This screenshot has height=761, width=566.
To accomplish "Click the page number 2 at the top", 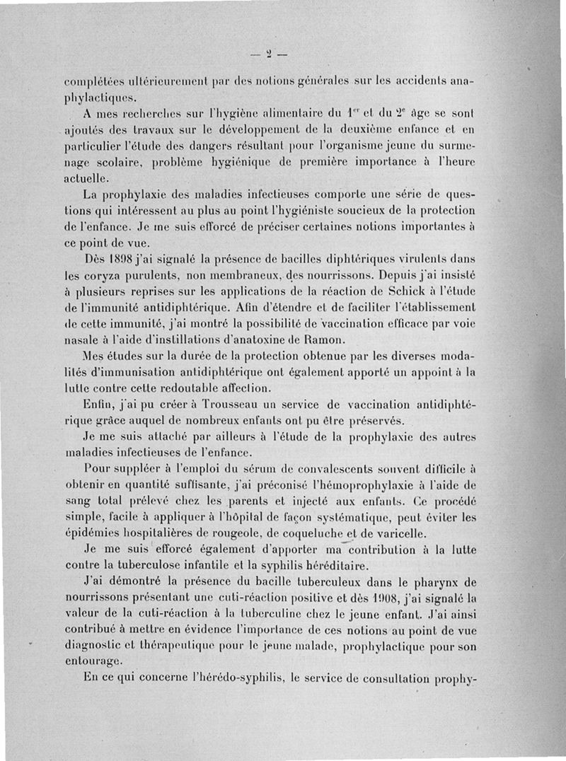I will (x=270, y=53).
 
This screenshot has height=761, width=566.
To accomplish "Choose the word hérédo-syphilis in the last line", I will (x=251, y=682).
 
